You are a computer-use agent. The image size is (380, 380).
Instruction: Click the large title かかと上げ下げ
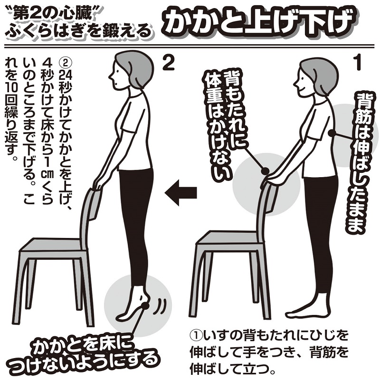[x=259, y=22]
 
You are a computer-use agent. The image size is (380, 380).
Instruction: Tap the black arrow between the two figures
[x=180, y=193]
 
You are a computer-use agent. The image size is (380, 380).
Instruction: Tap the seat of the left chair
[x=51, y=244]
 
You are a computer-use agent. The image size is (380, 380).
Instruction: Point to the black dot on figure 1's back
[x=331, y=133]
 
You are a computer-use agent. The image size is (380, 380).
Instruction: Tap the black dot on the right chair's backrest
[x=265, y=171]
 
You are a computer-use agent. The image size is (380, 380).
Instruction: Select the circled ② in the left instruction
[x=65, y=64]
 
